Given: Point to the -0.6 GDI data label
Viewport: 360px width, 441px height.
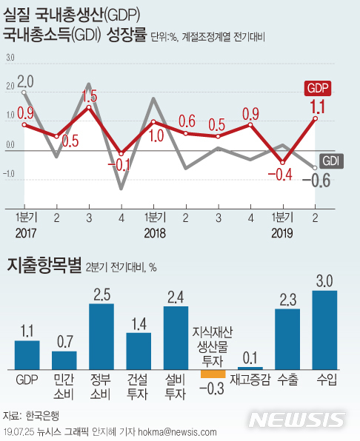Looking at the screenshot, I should [x=321, y=179].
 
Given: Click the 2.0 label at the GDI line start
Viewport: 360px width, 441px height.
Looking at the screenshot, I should [x=25, y=81].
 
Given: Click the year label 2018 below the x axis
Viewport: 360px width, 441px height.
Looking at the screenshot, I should [x=154, y=234].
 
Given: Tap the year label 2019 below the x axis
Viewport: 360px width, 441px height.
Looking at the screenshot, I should [x=282, y=234].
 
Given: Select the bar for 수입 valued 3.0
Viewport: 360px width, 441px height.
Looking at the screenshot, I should [x=325, y=329].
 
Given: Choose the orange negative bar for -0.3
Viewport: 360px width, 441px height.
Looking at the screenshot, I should [x=213, y=373].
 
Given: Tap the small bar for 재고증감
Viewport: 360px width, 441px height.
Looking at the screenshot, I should [x=250, y=368].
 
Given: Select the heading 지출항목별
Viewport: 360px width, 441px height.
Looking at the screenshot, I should [x=44, y=266].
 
